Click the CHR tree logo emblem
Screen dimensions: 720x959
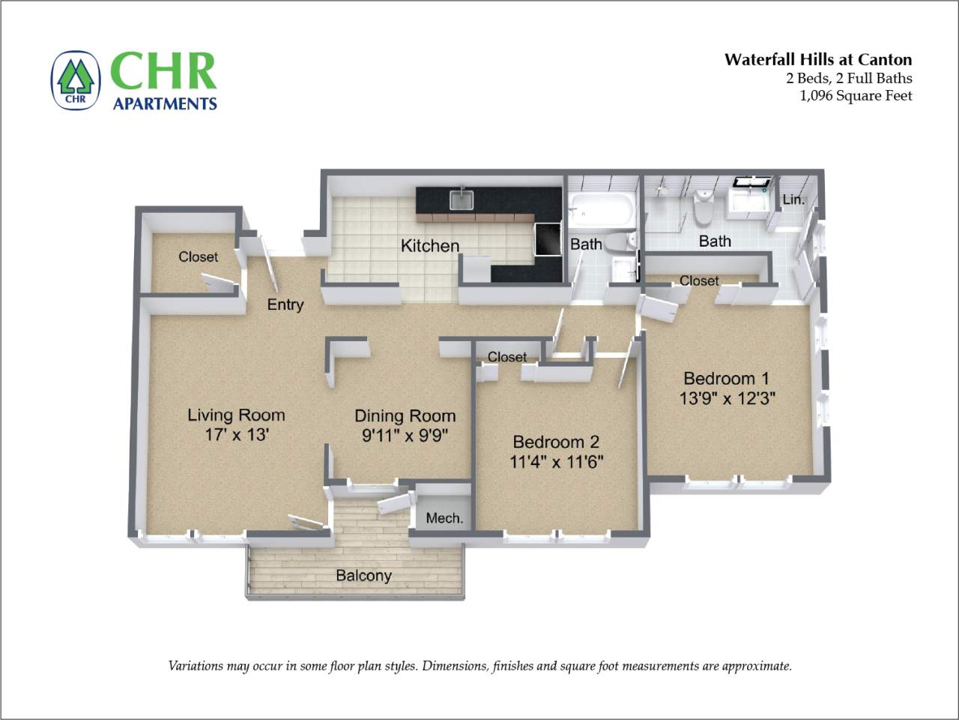pyautogui.click(x=75, y=80)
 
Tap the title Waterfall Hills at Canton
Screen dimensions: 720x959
pyautogui.click(x=817, y=60)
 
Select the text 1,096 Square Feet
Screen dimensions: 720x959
pyautogui.click(x=856, y=95)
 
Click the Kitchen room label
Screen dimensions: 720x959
pyautogui.click(x=429, y=245)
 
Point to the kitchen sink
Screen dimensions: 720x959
pyautogui.click(x=462, y=199)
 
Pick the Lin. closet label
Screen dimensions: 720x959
pyautogui.click(x=793, y=199)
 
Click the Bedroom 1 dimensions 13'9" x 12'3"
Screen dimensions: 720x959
pyautogui.click(x=726, y=398)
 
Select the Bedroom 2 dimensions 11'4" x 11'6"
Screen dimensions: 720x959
pyautogui.click(x=556, y=462)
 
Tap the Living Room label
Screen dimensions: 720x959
pyautogui.click(x=236, y=415)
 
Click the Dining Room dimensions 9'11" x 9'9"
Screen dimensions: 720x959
pyautogui.click(x=405, y=436)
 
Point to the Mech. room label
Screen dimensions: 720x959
pyautogui.click(x=444, y=518)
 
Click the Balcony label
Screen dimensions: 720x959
pyautogui.click(x=363, y=576)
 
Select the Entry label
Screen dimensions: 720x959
pyautogui.click(x=285, y=304)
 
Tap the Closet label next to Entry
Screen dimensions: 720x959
pyautogui.click(x=198, y=256)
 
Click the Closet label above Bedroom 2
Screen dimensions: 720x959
pyautogui.click(x=507, y=357)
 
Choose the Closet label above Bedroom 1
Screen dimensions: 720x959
pyautogui.click(x=698, y=280)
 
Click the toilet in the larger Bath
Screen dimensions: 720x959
pyautogui.click(x=703, y=208)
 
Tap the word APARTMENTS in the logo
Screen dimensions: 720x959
pyautogui.click(x=165, y=103)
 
